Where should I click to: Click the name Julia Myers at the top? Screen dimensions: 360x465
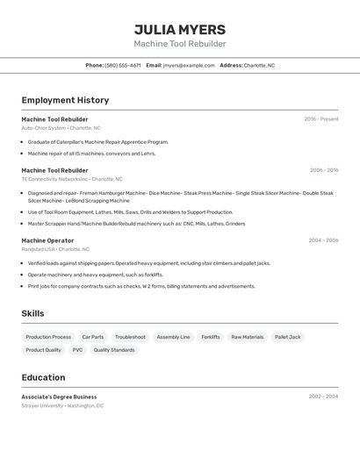click(180, 29)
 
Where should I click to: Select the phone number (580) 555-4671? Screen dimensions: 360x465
click(123, 65)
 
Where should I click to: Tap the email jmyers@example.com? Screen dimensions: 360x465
click(189, 65)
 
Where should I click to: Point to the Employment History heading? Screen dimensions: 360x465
click(65, 100)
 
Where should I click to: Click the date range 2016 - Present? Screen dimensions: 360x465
click(321, 119)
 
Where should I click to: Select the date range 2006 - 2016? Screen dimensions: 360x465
click(324, 170)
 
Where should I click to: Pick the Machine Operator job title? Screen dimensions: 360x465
click(47, 240)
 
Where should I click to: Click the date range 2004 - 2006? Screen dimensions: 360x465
click(323, 240)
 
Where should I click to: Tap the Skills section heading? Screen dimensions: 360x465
click(32, 313)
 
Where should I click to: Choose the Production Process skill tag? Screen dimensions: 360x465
click(48, 337)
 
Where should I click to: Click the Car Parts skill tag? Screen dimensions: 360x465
click(93, 337)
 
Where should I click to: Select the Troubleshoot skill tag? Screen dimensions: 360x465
click(130, 337)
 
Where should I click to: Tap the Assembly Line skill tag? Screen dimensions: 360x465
click(173, 337)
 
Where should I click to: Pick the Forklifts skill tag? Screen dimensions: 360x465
click(211, 337)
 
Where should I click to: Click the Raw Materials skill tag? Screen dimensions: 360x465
click(248, 337)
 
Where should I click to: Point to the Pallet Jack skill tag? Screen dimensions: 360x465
click(288, 337)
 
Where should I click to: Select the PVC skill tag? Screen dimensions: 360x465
click(77, 350)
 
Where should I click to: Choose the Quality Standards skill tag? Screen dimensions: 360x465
click(114, 350)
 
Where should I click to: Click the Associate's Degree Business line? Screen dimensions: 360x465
click(59, 397)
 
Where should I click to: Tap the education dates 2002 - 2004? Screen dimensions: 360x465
click(323, 397)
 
